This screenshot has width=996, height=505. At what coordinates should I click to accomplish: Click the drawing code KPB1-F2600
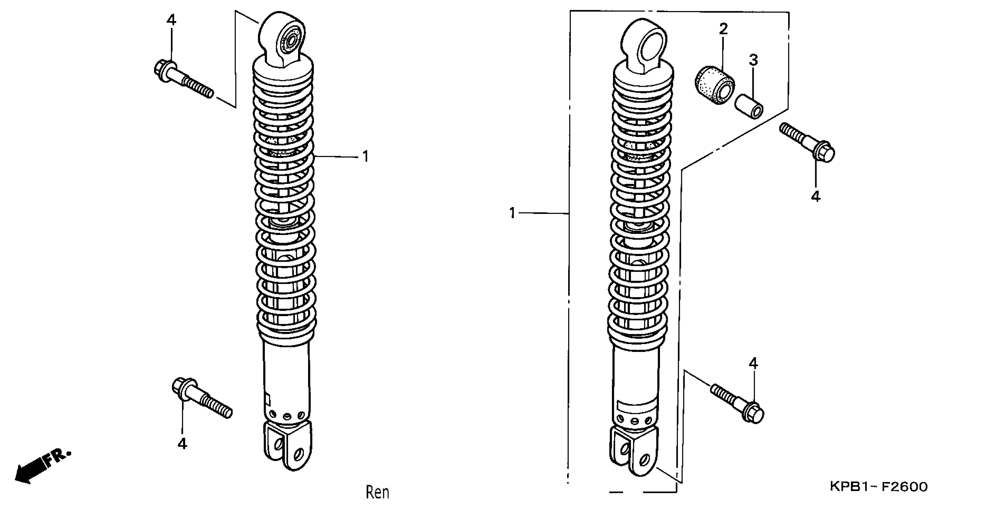click(879, 486)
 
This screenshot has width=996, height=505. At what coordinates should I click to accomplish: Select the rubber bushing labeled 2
click(714, 91)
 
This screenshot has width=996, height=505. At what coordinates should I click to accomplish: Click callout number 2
click(723, 29)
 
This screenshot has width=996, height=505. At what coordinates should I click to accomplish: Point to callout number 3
click(753, 60)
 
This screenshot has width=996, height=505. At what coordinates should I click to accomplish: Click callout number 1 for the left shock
click(365, 157)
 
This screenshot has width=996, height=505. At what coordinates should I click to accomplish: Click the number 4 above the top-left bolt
click(171, 20)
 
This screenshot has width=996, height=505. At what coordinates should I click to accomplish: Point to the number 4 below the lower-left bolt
click(182, 444)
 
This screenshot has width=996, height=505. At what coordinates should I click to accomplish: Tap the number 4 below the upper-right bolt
click(816, 197)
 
